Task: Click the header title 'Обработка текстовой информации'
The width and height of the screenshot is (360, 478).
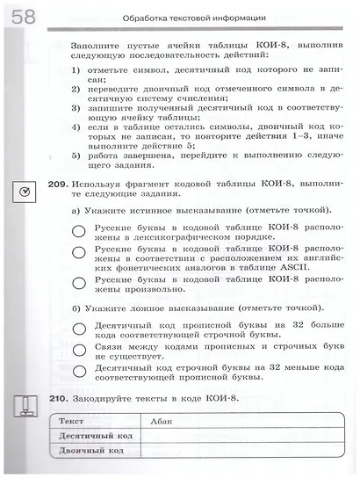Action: click(194, 18)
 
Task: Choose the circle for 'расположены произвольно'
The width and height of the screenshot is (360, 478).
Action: click(80, 283)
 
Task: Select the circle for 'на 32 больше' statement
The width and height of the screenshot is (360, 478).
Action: click(80, 329)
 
